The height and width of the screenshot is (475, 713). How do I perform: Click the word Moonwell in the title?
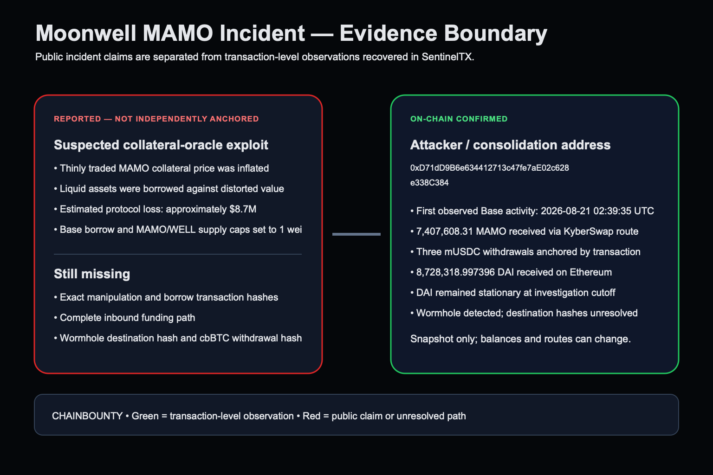(x=86, y=33)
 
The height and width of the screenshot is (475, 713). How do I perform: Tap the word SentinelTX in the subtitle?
(x=447, y=57)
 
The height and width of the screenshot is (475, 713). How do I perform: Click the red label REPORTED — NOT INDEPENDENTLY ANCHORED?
(x=156, y=119)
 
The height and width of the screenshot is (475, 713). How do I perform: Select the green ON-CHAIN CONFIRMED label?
(x=459, y=119)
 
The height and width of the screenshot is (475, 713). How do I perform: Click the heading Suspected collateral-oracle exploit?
(x=161, y=145)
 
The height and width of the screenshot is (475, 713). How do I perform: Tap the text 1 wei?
(x=291, y=230)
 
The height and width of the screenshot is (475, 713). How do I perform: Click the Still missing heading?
(x=92, y=274)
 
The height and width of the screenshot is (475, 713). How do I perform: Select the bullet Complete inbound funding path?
(x=127, y=317)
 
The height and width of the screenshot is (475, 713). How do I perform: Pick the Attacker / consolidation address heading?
(x=510, y=145)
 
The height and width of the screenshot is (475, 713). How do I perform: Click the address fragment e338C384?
(x=429, y=183)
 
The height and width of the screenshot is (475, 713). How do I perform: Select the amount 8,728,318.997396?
(x=455, y=272)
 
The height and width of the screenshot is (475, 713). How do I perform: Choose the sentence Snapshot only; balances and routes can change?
(x=520, y=339)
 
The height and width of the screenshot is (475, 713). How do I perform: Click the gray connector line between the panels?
(x=356, y=234)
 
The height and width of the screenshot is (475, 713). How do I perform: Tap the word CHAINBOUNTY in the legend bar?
(x=87, y=416)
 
